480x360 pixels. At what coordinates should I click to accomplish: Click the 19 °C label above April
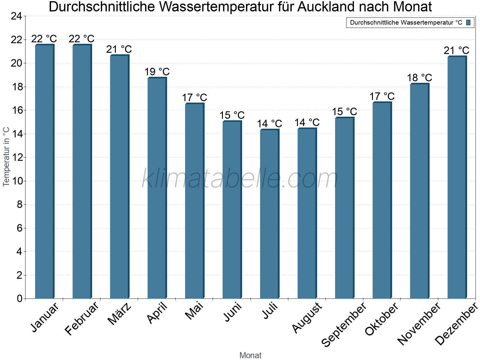pos(157,72)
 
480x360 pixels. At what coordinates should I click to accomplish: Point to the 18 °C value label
pos(419,78)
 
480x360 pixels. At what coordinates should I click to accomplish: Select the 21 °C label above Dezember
pos(457,51)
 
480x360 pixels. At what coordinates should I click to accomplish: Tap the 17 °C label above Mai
pos(194,98)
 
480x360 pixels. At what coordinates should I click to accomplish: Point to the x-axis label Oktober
pos(382,319)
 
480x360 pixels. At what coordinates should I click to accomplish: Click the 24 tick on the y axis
pos(16,16)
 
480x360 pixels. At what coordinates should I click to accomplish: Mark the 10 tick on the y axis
pos(16,181)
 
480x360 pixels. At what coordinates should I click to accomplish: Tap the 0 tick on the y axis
pos(19,298)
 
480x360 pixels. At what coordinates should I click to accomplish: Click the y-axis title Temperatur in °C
pos(6,157)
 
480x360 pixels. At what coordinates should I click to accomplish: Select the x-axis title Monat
pos(250,355)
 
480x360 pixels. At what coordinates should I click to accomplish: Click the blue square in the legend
pos(468,22)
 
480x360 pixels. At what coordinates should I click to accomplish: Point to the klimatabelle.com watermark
pos(240,179)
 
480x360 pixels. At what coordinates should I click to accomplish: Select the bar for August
pos(307,213)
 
